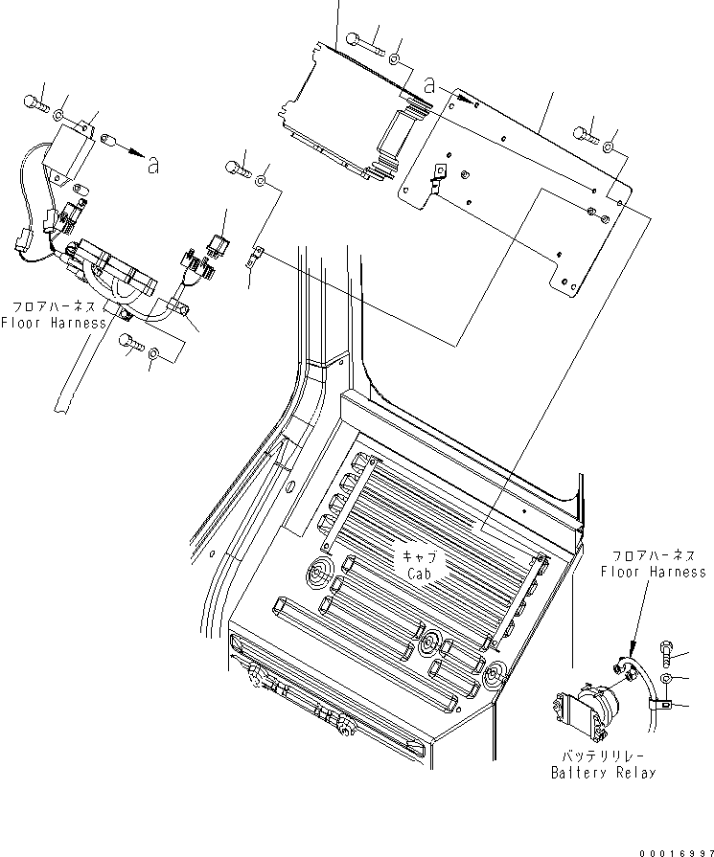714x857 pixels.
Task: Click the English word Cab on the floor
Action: pyautogui.click(x=421, y=575)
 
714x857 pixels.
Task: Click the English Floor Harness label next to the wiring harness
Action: pyautogui.click(x=53, y=323)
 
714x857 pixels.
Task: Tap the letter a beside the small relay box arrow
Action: pyautogui.click(x=152, y=165)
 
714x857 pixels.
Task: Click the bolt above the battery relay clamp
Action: pyautogui.click(x=668, y=654)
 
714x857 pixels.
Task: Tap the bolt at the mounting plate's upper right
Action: pyautogui.click(x=586, y=135)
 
